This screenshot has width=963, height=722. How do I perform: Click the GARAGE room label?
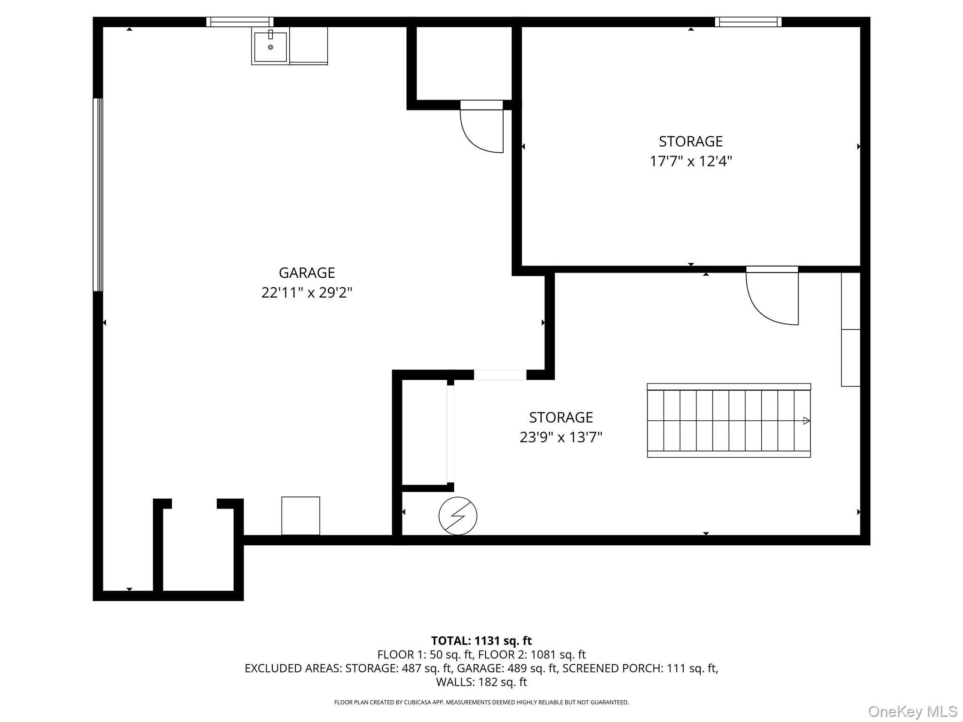pyautogui.click(x=307, y=273)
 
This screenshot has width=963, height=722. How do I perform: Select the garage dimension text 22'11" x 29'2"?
pyautogui.click(x=307, y=293)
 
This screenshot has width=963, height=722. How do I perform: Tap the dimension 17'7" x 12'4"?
pyautogui.click(x=691, y=161)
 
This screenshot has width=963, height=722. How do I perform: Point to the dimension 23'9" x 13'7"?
pyautogui.click(x=561, y=438)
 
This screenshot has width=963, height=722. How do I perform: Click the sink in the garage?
pyautogui.click(x=270, y=46)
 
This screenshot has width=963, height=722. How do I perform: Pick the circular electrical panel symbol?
pyautogui.click(x=458, y=516)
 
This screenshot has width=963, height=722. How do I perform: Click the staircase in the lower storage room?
pyautogui.click(x=729, y=420)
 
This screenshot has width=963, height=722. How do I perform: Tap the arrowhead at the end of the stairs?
pyautogui.click(x=806, y=421)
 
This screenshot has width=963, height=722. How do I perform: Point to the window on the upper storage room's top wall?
pyautogui.click(x=748, y=22)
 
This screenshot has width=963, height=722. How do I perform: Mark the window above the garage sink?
pyautogui.click(x=240, y=22)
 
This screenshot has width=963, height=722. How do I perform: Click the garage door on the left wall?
pyautogui.click(x=98, y=195)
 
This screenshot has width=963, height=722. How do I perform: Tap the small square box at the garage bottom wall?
pyautogui.click(x=300, y=516)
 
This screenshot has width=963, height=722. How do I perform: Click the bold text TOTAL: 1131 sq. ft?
pyautogui.click(x=481, y=641)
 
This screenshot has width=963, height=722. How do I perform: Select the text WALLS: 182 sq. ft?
pyautogui.click(x=481, y=682)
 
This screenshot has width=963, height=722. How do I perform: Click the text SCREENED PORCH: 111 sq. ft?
pyautogui.click(x=640, y=668)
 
